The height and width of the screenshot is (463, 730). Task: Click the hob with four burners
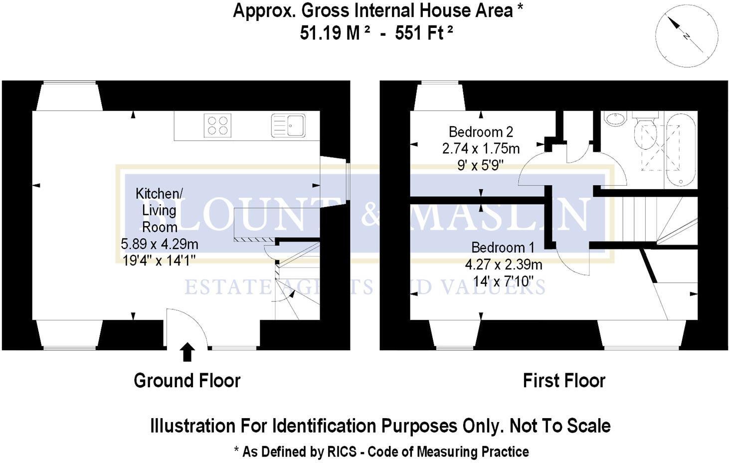pos(217,125)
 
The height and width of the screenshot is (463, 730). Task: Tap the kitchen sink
pos(288,125)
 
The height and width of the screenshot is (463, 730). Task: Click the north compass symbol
pos(687,35)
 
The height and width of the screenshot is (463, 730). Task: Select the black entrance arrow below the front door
pos(187,351)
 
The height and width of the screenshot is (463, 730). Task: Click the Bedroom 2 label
pos(481,132)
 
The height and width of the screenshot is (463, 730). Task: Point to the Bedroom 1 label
pos(503,247)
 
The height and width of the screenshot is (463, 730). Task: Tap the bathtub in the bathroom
pos(680,149)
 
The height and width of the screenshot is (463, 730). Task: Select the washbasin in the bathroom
pos(615,119)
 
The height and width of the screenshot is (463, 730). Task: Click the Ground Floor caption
pos(187,381)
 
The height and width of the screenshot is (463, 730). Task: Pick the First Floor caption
pos(563,381)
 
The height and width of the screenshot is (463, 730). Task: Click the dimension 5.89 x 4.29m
pos(160,244)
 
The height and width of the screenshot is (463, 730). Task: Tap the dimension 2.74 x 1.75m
pos(481,149)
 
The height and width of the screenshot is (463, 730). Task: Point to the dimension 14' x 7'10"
pos(503,281)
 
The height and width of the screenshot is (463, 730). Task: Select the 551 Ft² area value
pos(424,33)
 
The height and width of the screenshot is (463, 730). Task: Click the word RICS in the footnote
pos(342,452)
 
